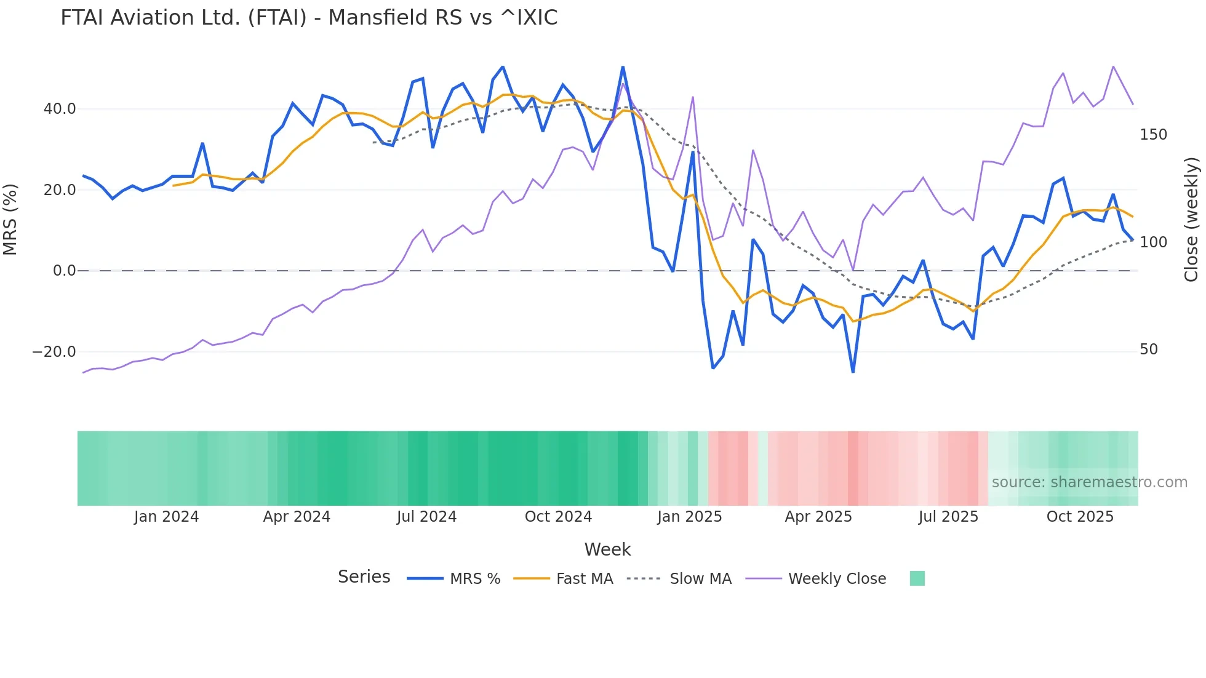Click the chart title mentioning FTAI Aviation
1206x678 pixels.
(309, 18)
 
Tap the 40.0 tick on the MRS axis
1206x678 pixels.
(60, 109)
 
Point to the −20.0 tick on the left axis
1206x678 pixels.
(54, 352)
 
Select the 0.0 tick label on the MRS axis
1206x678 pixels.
(64, 271)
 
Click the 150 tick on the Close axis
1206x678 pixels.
(1153, 135)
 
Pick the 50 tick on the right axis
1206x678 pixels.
(1149, 349)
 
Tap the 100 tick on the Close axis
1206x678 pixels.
(1153, 242)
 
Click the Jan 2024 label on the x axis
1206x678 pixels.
(166, 517)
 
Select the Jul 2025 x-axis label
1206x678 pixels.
(948, 517)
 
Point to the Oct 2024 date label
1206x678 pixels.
(558, 517)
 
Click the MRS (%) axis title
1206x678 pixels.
(10, 219)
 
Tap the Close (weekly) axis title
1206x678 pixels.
(1191, 219)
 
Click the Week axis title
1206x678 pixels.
(607, 549)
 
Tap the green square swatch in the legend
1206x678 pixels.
(917, 578)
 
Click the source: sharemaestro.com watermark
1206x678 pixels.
(1089, 482)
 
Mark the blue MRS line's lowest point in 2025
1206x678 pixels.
(853, 372)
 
